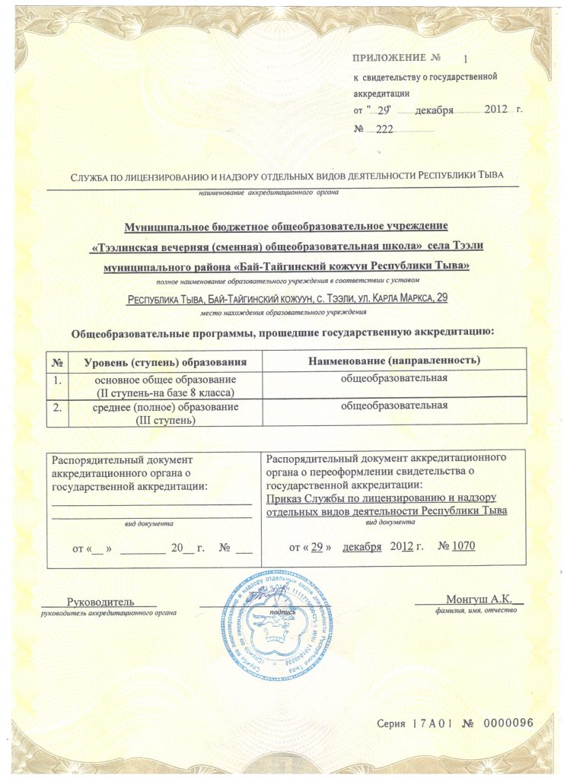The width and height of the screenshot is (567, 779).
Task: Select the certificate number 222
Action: tap(384, 129)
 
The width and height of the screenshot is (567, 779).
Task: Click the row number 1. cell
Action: tap(56, 379)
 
